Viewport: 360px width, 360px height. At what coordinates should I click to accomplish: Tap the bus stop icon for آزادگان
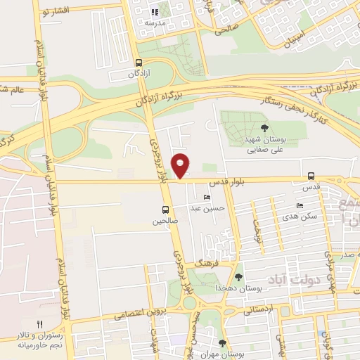(138, 62)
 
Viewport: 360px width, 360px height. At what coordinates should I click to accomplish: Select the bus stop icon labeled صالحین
(166, 210)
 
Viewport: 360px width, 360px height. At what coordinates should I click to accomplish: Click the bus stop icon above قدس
(311, 176)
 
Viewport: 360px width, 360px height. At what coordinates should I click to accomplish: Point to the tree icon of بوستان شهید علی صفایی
(264, 128)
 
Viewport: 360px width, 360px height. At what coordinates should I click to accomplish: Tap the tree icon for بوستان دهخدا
(239, 277)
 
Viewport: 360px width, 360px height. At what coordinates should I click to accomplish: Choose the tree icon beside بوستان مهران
(222, 344)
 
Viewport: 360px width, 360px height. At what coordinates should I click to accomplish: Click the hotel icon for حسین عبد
(206, 197)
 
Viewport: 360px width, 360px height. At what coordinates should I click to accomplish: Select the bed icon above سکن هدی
(300, 205)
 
